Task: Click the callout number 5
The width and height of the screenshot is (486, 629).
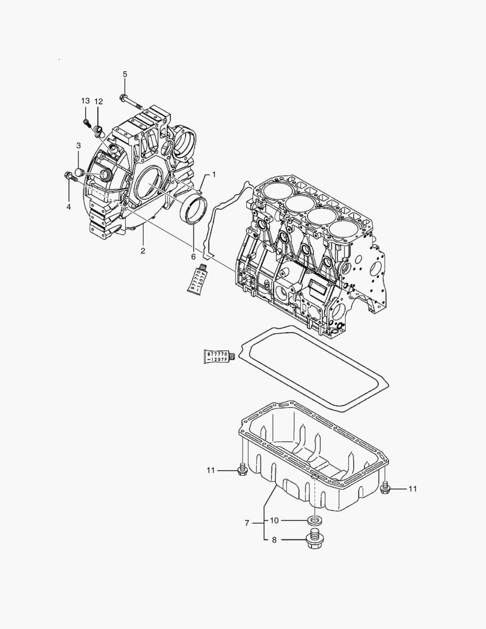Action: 125,74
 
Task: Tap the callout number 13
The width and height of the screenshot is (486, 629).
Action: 86,101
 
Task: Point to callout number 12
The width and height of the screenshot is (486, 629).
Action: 99,101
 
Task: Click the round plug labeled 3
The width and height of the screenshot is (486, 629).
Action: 80,172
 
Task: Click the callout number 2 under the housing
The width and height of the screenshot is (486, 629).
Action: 143,251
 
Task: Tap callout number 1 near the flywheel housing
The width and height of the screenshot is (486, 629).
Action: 214,174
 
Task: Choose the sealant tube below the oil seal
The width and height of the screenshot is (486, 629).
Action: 196,278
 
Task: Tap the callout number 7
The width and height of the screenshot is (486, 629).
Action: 247,524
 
